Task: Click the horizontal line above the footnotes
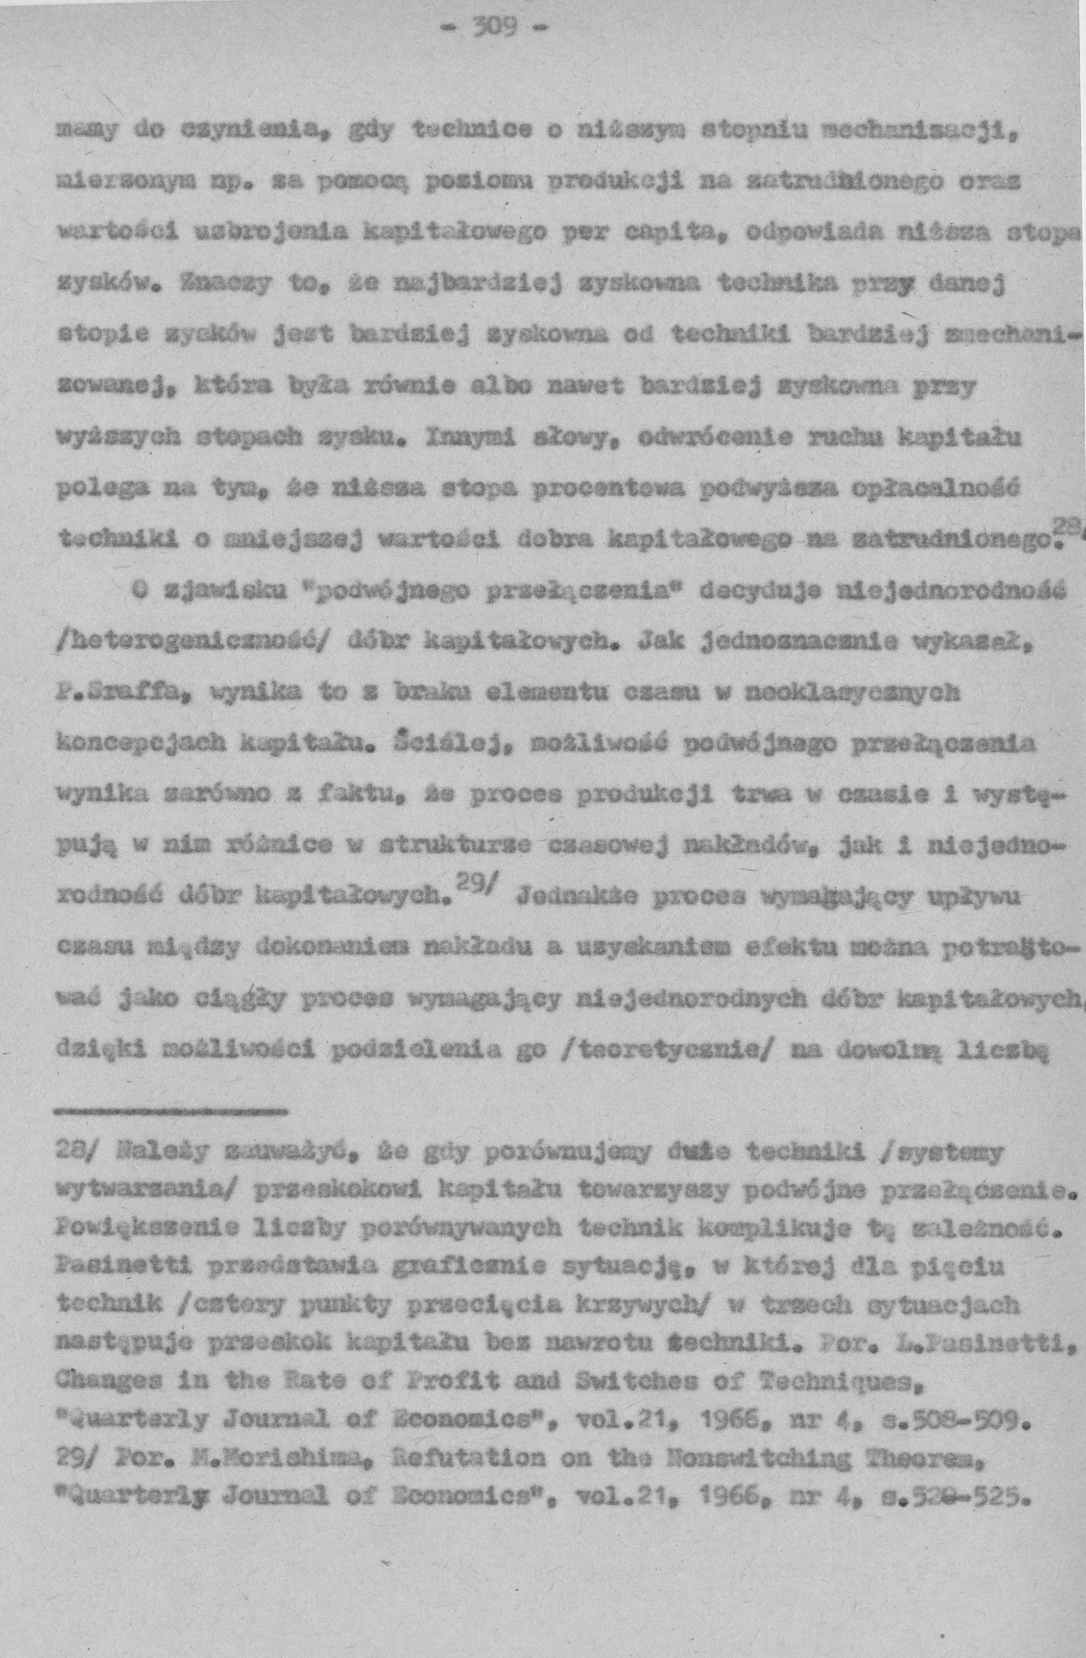pos(171,1108)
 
